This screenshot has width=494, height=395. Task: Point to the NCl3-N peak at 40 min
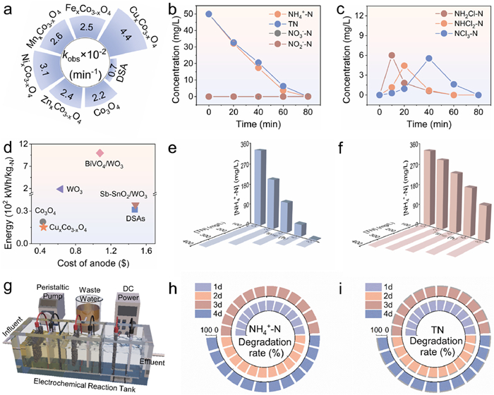[428, 59]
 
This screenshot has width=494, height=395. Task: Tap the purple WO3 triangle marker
[60, 189]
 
